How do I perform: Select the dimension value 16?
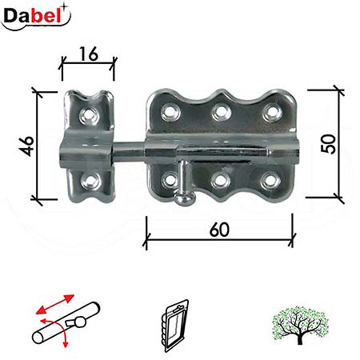pos(89,53)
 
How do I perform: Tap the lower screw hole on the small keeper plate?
pos(93,181)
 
